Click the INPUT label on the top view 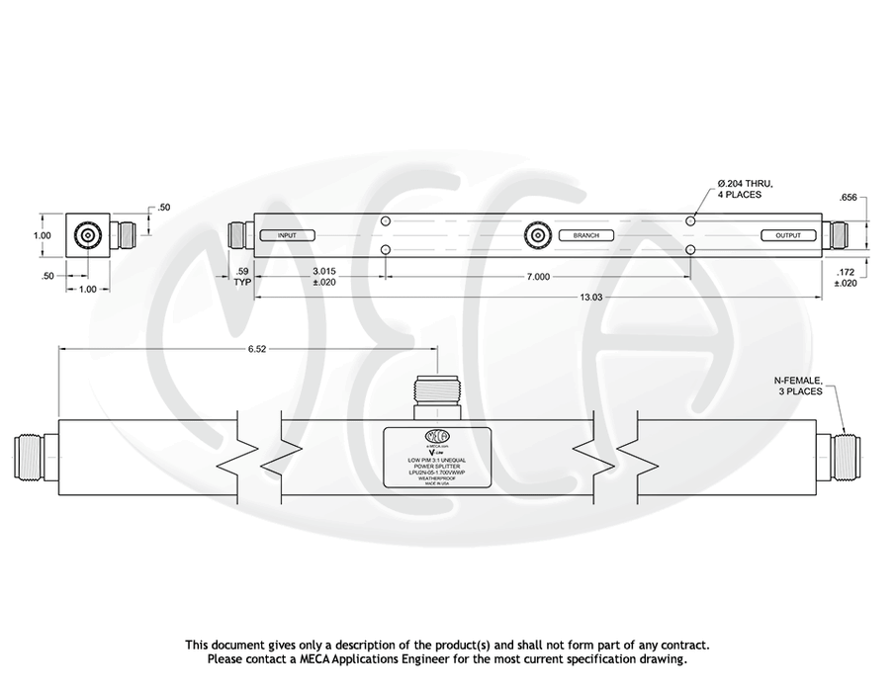click(x=287, y=235)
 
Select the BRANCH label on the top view click(x=585, y=235)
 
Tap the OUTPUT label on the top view click(x=787, y=235)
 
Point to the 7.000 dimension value click(x=538, y=277)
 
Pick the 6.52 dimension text click(x=247, y=348)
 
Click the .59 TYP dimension click(x=240, y=275)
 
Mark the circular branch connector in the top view click(x=538, y=235)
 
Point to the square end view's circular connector click(x=89, y=236)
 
